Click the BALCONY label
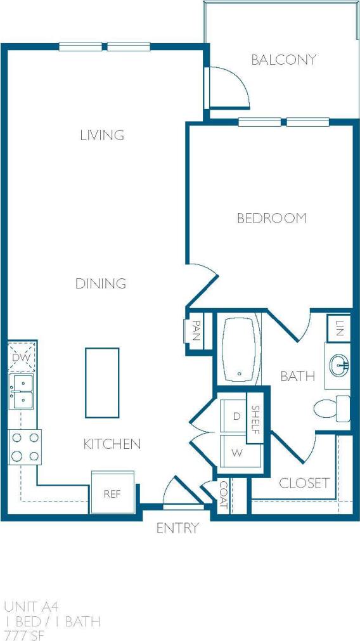283,60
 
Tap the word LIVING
101,135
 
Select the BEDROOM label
271,218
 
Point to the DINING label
101,283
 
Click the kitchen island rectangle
102,382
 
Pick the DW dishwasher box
21,358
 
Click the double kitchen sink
21,391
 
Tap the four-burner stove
25,446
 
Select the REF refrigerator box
112,493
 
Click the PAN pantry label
195,330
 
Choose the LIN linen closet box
338,328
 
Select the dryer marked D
236,417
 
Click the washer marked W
237,453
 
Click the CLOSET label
304,483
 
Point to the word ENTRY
177,528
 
